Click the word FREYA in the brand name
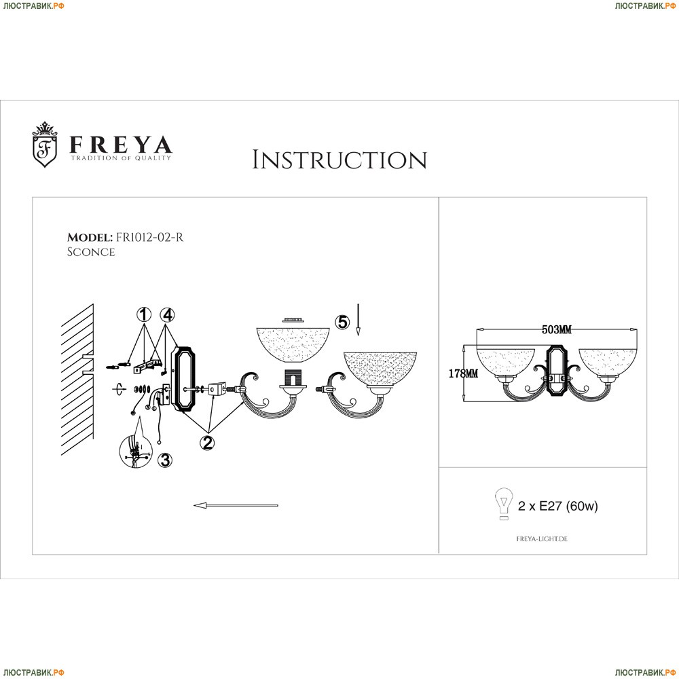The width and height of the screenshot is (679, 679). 121,145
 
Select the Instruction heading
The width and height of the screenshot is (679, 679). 339,160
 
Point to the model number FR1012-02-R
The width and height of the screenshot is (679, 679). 149,237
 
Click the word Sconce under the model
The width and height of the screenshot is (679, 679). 91,252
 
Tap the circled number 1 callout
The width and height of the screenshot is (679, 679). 144,315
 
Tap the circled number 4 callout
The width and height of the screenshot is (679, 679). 167,315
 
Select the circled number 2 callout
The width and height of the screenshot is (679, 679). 207,443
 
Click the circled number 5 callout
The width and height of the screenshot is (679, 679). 342,322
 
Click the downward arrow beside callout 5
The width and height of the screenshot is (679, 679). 358,320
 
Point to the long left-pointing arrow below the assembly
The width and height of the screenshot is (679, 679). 236,505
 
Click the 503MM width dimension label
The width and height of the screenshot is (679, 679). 557,330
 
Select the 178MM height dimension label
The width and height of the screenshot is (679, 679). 463,373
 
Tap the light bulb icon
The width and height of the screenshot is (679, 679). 504,504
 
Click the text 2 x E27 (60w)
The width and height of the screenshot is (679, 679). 557,506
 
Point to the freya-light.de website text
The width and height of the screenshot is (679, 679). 542,539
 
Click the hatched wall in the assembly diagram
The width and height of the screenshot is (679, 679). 77,380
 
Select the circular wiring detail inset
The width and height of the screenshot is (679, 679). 136,453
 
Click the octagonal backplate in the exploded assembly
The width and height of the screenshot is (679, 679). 183,378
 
